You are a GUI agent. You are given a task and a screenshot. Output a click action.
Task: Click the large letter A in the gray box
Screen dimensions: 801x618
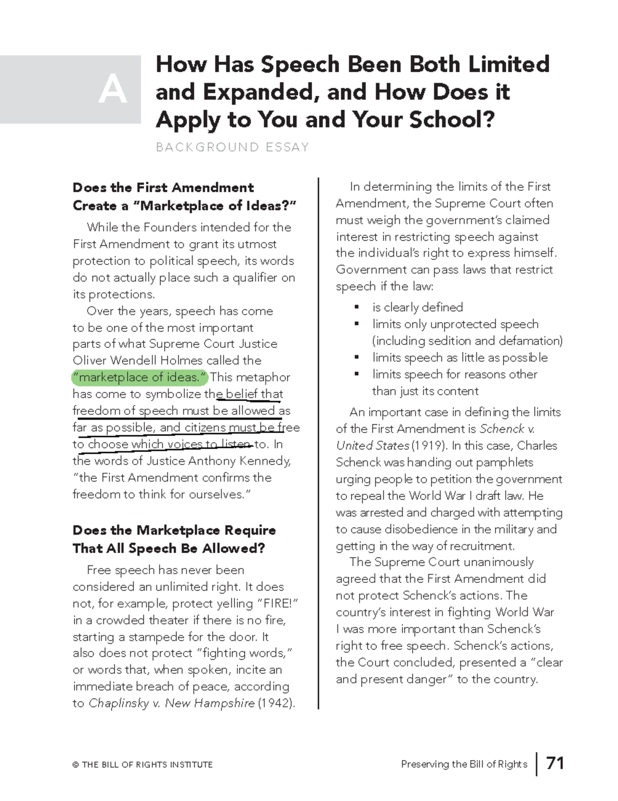[112, 90]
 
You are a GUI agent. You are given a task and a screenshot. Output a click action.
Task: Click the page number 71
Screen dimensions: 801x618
[555, 763]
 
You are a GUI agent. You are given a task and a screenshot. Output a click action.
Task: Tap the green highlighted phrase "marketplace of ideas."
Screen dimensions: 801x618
[140, 377]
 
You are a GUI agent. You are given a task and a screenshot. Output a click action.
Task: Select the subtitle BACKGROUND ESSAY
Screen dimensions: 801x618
[232, 147]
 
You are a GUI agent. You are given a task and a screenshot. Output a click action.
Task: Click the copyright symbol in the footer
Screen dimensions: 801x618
[76, 765]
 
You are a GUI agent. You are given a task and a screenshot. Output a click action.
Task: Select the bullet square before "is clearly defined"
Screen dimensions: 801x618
[356, 308]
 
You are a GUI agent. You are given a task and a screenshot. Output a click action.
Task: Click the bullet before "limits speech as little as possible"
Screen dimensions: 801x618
[356, 358]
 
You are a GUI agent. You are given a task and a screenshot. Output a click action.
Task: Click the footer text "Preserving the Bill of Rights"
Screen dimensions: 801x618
[464, 764]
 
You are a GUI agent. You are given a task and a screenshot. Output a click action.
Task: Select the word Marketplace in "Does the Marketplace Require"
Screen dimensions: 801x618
[178, 530]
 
